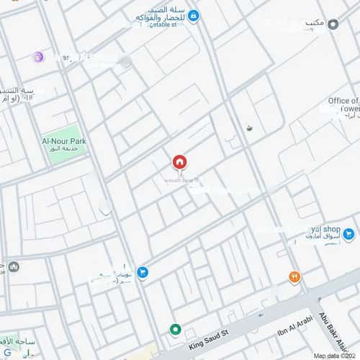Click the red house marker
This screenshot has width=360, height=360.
tap(179, 161)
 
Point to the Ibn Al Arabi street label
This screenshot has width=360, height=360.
tap(295, 322)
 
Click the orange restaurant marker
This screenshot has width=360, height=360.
tap(294, 277)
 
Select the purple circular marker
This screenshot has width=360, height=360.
tap(38, 57)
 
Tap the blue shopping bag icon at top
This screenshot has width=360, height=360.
tap(194, 16)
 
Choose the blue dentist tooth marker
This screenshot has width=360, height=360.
tap(143, 271)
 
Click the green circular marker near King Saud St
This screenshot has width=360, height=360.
tap(175, 330)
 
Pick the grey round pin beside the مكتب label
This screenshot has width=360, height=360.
tap(333, 24)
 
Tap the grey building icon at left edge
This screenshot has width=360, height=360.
tap(14, 267)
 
